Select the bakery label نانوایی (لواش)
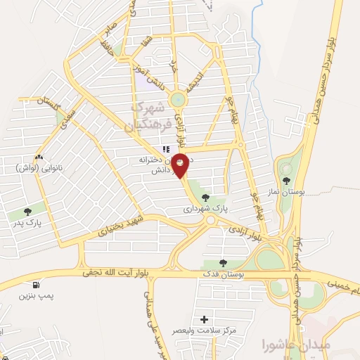click(x=37, y=169)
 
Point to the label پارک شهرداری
click(x=206, y=209)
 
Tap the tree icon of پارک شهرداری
click(x=205, y=198)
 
